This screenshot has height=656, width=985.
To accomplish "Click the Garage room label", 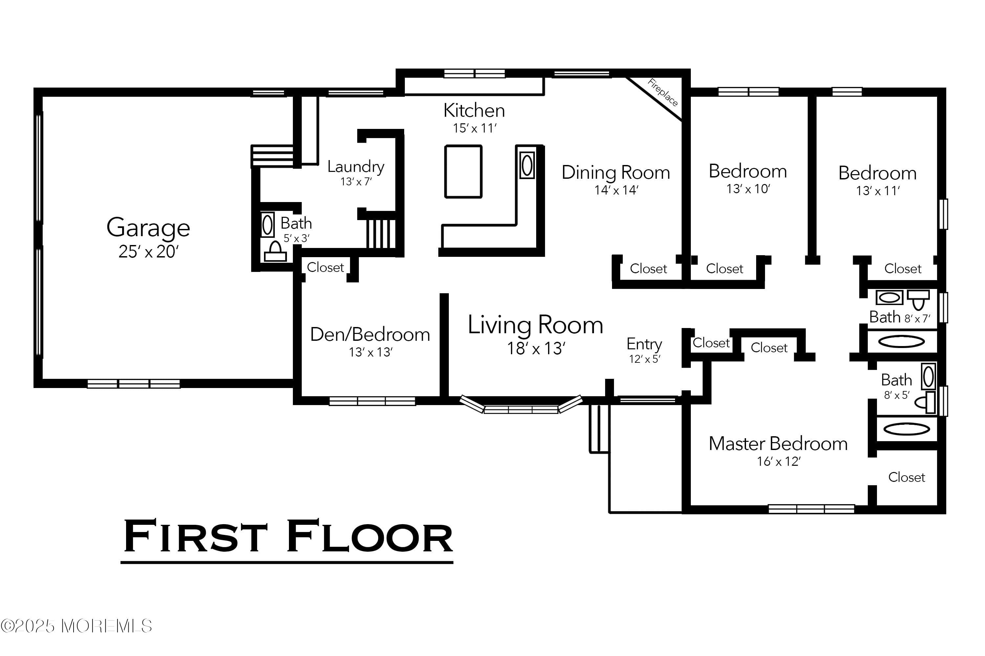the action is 148,228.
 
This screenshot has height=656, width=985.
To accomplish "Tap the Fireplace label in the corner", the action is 663,92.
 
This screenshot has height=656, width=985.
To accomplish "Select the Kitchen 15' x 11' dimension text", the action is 474,128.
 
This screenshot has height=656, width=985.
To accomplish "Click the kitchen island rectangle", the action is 463,172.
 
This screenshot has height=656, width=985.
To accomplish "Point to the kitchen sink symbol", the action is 527,165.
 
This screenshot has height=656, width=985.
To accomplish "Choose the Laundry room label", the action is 356,167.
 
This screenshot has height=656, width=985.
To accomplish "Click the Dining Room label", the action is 616,173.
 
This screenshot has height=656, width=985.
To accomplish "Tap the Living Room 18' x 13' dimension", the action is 536,348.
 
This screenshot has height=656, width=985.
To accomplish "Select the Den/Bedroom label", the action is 370,335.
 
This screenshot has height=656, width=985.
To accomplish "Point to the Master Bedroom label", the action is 778,443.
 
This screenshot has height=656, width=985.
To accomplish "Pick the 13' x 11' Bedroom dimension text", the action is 878,191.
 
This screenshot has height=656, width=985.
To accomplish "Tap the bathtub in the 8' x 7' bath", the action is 901,342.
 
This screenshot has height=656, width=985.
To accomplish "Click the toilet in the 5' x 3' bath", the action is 275,252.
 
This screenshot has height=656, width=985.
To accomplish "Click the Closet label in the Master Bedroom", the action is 906,477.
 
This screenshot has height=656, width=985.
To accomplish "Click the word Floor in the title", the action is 370,536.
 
